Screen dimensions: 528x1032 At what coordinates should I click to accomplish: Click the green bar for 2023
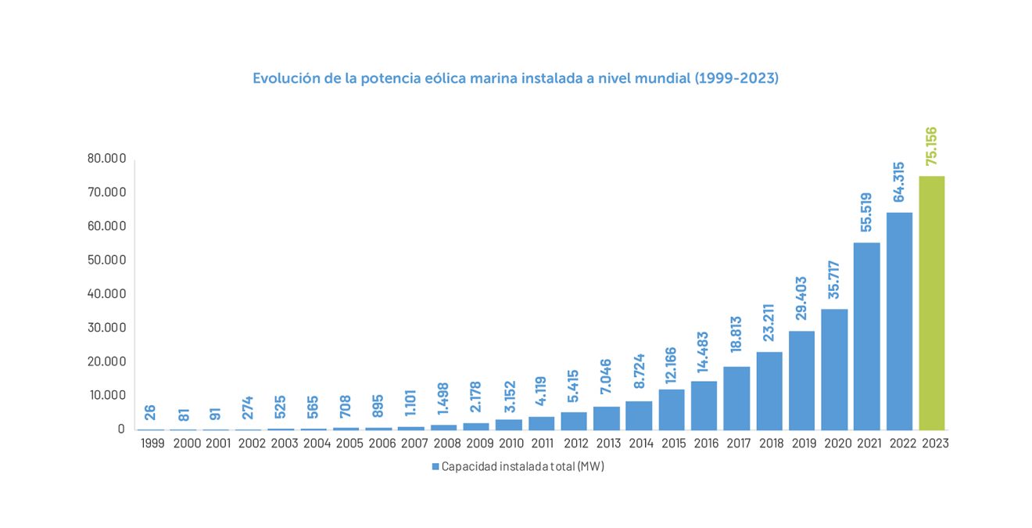tap(931, 303)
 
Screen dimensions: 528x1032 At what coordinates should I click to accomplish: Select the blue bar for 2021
tap(866, 336)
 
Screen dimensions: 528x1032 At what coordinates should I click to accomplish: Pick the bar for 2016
tap(704, 405)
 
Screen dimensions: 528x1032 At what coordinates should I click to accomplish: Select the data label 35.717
tap(834, 280)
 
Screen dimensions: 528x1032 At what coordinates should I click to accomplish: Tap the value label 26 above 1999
tap(150, 412)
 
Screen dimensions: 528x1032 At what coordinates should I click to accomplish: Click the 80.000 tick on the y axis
tap(106, 159)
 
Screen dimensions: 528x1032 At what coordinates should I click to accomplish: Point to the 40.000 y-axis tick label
tap(106, 294)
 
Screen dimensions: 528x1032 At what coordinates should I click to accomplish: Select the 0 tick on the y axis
tap(121, 429)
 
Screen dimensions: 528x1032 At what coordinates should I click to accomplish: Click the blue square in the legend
tap(435, 467)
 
